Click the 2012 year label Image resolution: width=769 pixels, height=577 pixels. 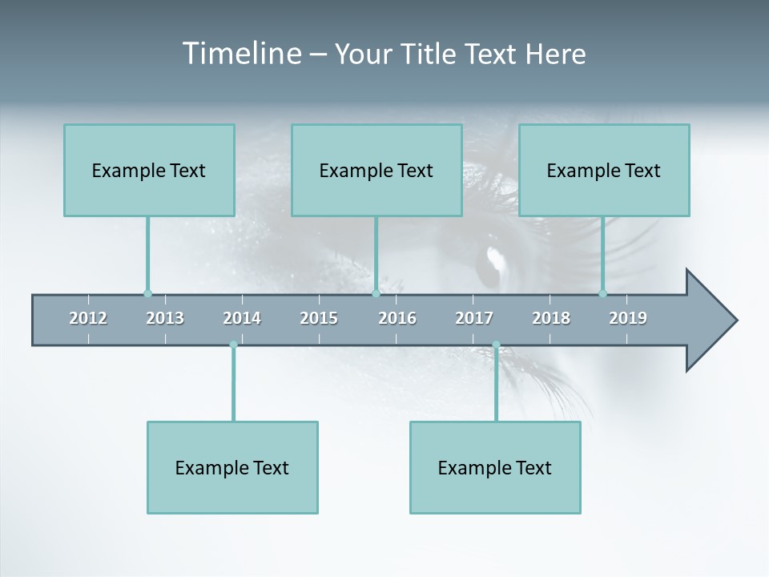(x=88, y=318)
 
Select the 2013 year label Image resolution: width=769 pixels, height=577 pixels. (x=165, y=318)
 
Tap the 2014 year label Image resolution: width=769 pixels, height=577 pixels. (x=242, y=318)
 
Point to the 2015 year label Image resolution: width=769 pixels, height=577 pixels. (x=319, y=318)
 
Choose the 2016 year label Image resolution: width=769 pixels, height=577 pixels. (x=397, y=318)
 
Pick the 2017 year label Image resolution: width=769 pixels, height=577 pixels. (x=474, y=318)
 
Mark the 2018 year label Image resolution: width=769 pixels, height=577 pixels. (x=551, y=318)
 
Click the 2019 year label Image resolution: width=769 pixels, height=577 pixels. (x=628, y=318)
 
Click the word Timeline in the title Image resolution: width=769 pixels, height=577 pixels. (x=241, y=54)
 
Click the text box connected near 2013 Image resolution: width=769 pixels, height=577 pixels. (x=149, y=170)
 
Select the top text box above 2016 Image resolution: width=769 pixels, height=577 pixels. (x=376, y=170)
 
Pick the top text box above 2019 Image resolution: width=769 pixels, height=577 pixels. (x=604, y=170)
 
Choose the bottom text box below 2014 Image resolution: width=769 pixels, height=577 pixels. (x=232, y=467)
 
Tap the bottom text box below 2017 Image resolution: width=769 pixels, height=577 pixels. (x=495, y=467)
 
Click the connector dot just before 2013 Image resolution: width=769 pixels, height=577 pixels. (x=147, y=293)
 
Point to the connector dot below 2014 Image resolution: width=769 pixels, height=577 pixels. (x=233, y=345)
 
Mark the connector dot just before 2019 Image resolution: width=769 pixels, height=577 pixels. (x=603, y=293)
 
